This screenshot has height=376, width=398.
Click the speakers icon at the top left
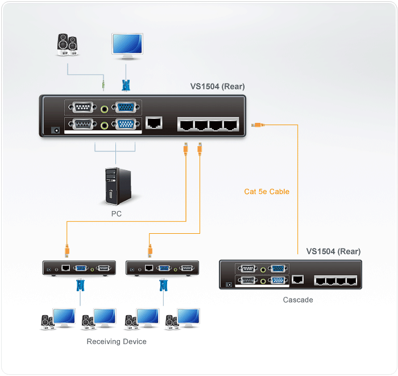click(68, 45)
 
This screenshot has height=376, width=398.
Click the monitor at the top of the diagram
click(127, 46)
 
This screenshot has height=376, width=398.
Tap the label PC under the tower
click(117, 214)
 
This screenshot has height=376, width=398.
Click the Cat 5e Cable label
click(267, 192)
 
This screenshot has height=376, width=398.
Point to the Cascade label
click(298, 300)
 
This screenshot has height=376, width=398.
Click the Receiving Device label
click(117, 342)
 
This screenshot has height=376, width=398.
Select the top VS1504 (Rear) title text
click(217, 87)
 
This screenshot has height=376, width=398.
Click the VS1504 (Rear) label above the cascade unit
click(333, 251)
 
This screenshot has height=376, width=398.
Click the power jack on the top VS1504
click(56, 130)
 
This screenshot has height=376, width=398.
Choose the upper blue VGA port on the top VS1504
click(126, 108)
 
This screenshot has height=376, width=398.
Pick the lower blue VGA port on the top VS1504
click(126, 125)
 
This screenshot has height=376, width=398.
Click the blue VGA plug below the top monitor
click(126, 86)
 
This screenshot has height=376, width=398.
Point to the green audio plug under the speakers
click(103, 85)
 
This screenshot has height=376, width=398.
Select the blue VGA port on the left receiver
click(81, 267)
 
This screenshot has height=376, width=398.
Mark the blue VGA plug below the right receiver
click(163, 284)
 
